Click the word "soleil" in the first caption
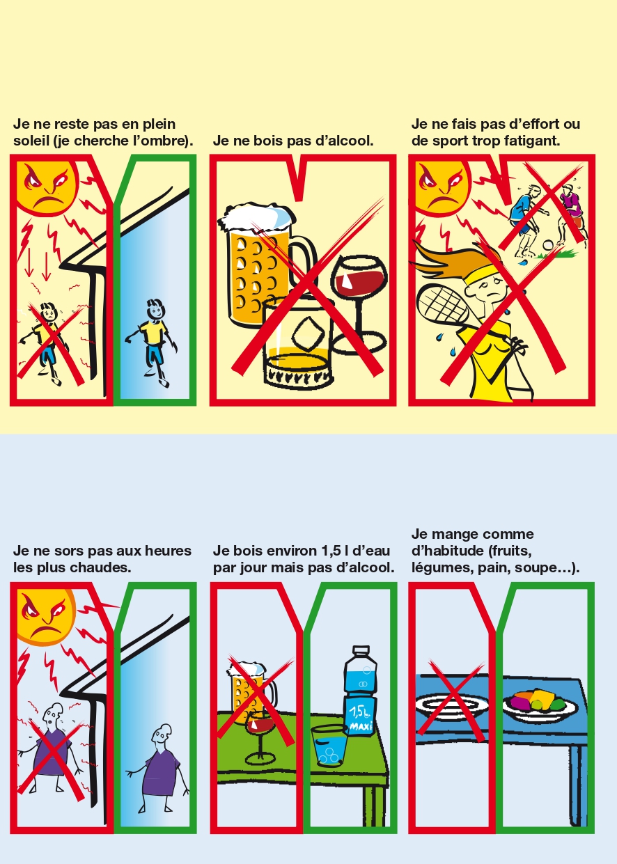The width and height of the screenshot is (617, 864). click(29, 141)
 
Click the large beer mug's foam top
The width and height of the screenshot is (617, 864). click(256, 217)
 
